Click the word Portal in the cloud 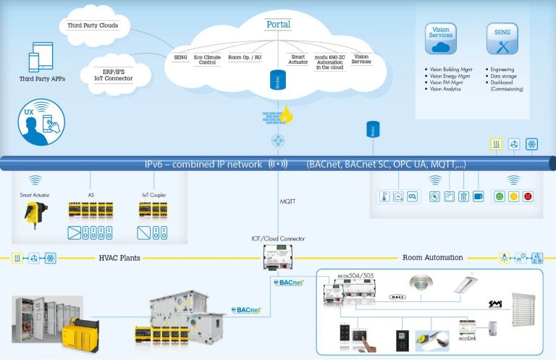pyautogui.click(x=279, y=24)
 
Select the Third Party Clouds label pyautogui.click(x=93, y=25)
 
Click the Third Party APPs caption pyautogui.click(x=42, y=78)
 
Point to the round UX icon pyautogui.click(x=42, y=122)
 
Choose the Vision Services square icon pyautogui.click(x=440, y=38)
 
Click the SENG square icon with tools pyautogui.click(x=502, y=38)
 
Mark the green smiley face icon pyautogui.click(x=499, y=196)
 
